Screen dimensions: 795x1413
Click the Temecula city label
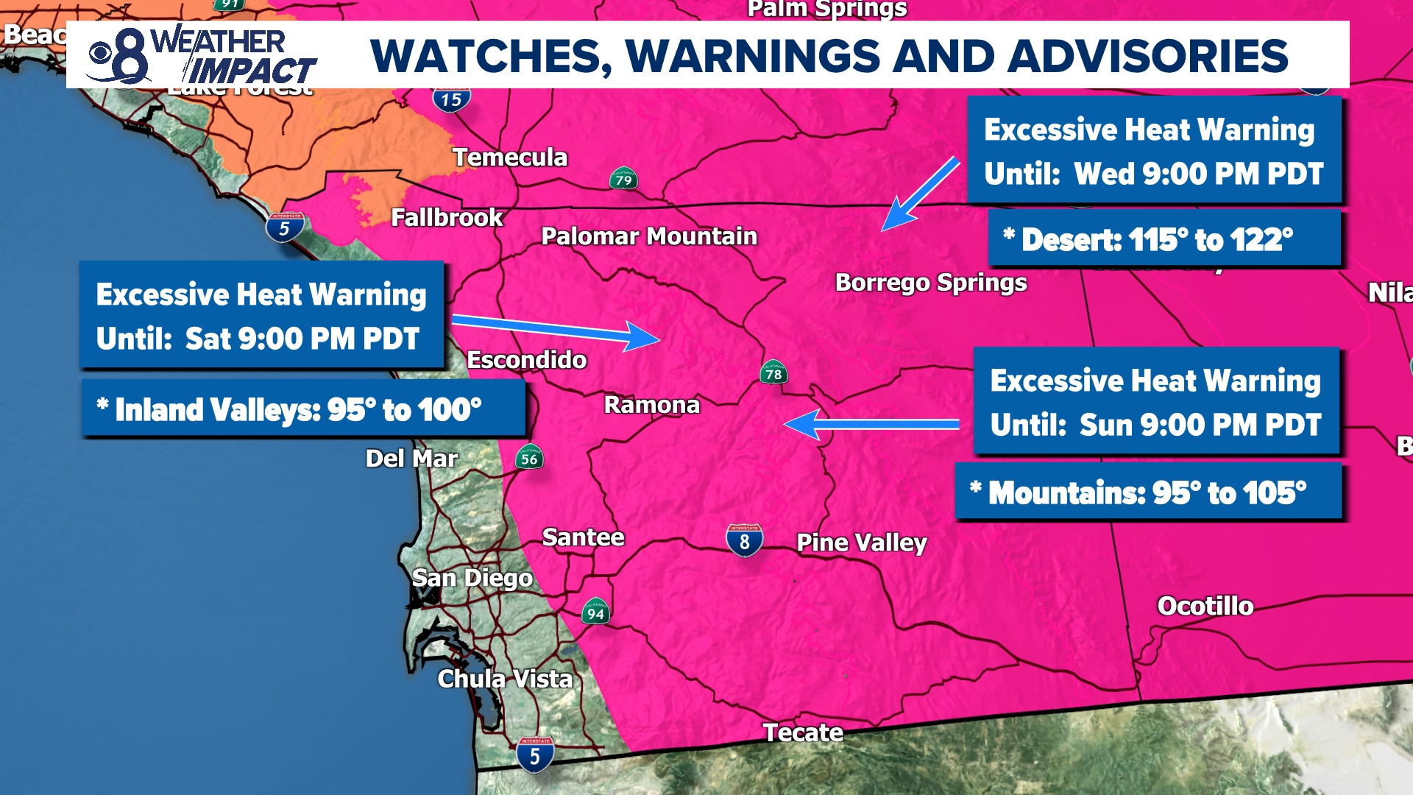(x=509, y=158)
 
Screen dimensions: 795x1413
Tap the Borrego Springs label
(x=930, y=283)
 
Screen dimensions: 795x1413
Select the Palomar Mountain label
(x=649, y=236)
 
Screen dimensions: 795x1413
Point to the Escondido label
(x=527, y=360)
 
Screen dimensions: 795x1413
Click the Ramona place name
(x=651, y=405)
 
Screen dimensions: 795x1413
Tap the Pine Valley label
(x=861, y=543)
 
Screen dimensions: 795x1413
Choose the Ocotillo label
(x=1205, y=606)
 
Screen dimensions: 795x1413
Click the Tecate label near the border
(x=802, y=732)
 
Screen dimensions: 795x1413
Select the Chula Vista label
(x=505, y=679)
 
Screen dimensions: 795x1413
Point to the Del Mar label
(x=411, y=459)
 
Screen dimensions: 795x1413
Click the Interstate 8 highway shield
(x=744, y=541)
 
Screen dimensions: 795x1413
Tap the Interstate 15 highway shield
(x=451, y=99)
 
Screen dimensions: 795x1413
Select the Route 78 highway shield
(x=773, y=373)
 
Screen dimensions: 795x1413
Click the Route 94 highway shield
(x=595, y=612)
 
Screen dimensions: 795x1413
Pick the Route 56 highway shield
(x=529, y=459)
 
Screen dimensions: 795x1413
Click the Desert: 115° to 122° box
(x=1164, y=239)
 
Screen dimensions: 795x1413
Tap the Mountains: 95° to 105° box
(x=1147, y=492)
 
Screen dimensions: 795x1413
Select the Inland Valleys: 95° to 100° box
(x=302, y=409)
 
